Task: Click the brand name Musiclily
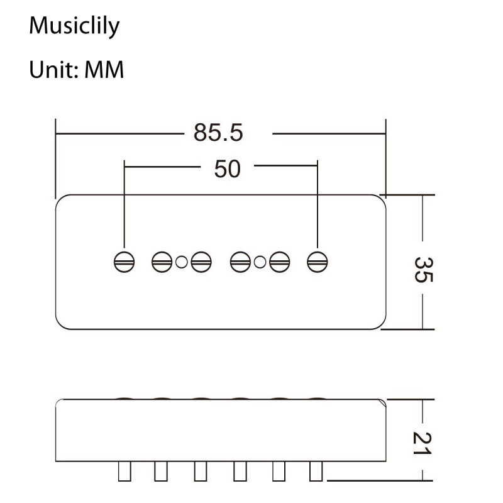click(74, 26)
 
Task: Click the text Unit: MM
click(76, 70)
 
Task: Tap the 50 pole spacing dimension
click(227, 169)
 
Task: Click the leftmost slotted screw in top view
click(124, 262)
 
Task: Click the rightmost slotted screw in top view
click(318, 262)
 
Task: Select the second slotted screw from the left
click(162, 262)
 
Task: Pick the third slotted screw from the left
click(201, 262)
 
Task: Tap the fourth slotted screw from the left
click(240, 262)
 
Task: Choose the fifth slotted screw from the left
click(279, 262)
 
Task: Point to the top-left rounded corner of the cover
click(62, 201)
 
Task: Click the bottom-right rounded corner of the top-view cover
click(379, 323)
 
